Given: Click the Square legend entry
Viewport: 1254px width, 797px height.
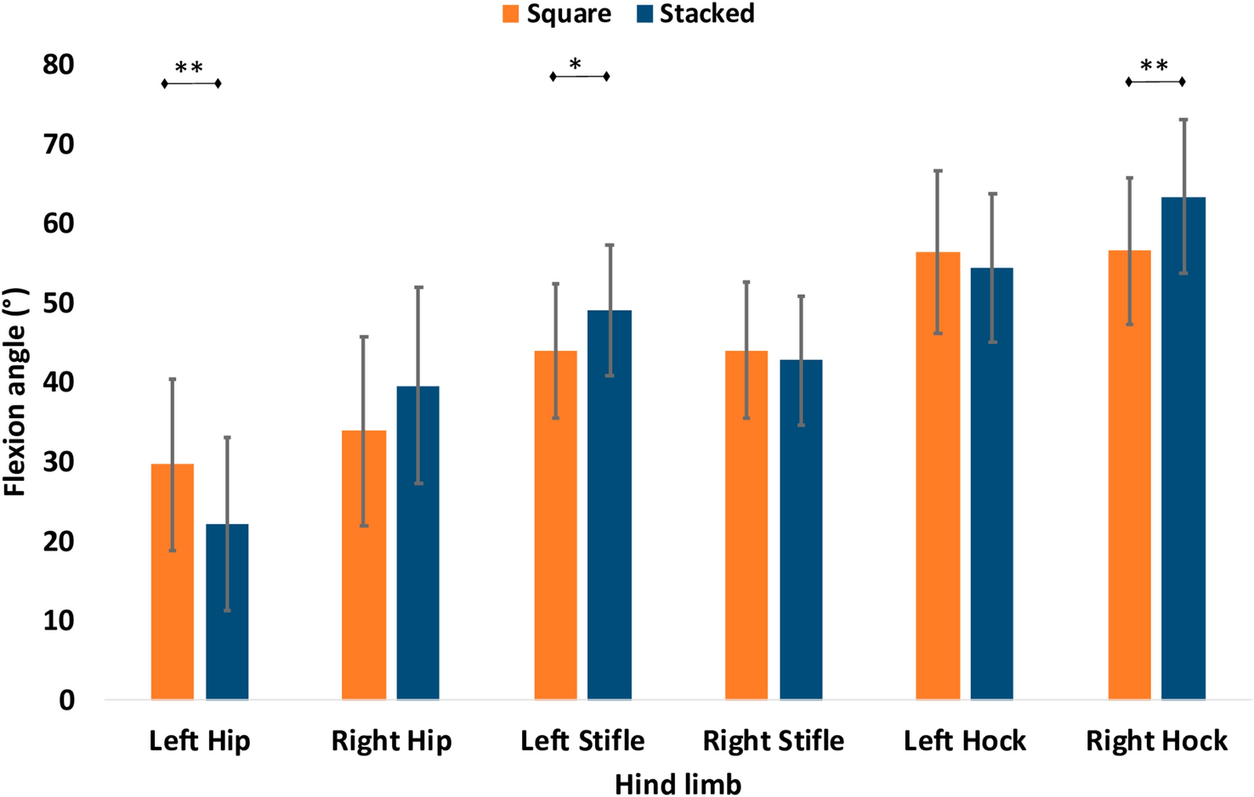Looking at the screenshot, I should point(557,14).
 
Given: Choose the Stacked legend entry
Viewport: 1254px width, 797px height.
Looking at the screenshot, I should point(695,14).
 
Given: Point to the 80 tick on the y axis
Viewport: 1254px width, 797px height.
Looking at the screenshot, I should point(59,65).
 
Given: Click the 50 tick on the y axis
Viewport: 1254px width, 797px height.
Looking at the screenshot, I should point(59,303).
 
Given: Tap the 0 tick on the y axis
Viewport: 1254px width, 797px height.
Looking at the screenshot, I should point(66,701).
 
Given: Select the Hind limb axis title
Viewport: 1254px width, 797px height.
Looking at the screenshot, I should point(678,783).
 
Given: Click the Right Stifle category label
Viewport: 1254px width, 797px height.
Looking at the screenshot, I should point(773,741).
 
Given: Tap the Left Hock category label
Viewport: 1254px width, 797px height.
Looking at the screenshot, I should point(964,741).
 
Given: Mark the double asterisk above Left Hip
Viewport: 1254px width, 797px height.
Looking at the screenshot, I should point(189,68).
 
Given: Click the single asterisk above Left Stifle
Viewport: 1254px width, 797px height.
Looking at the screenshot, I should point(576,65).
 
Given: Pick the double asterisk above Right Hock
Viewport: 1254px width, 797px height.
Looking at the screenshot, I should point(1154,66).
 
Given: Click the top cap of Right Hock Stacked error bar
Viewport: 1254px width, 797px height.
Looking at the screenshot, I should point(1183,120).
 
